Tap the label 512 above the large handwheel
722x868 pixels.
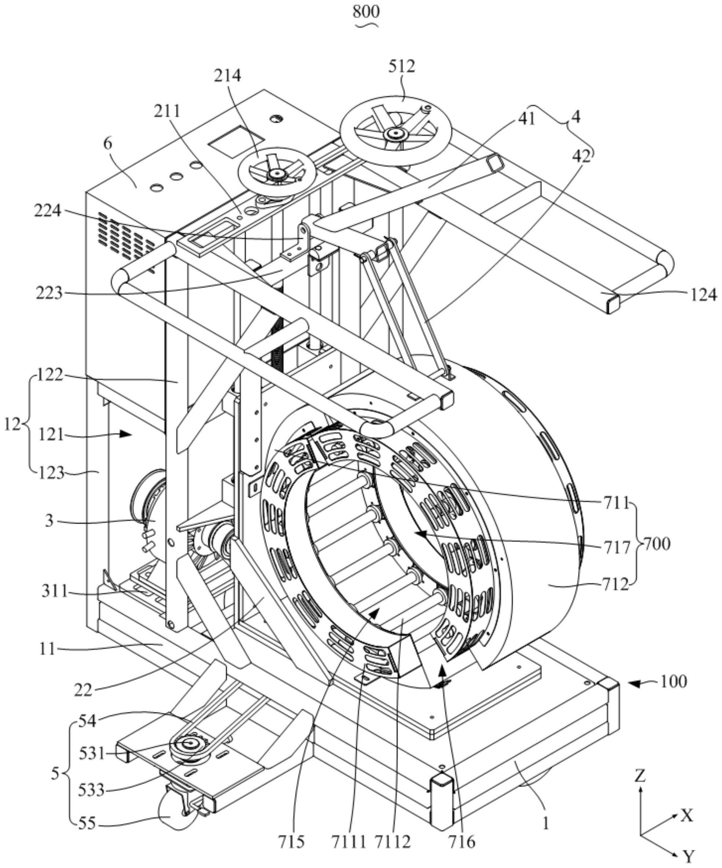pyautogui.click(x=401, y=66)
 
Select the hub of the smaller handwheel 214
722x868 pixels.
pyautogui.click(x=276, y=174)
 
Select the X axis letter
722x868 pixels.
pyautogui.click(x=686, y=816)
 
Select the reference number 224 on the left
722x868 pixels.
pyautogui.click(x=48, y=211)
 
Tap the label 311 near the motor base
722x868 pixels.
pyautogui.click(x=54, y=592)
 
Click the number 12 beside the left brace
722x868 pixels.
pyautogui.click(x=12, y=424)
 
